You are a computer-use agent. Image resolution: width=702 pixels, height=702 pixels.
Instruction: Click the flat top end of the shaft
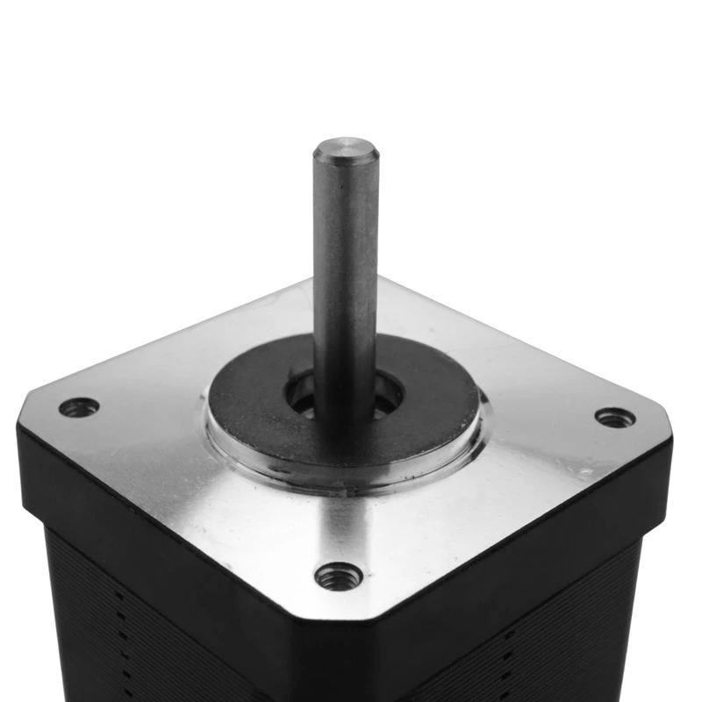[x=347, y=148]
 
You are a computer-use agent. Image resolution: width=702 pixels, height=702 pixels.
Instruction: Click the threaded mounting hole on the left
[x=79, y=407]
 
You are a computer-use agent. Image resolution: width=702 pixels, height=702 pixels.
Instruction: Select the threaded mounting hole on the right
[x=614, y=418]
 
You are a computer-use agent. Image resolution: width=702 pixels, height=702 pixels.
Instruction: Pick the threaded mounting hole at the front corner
[x=339, y=577]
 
